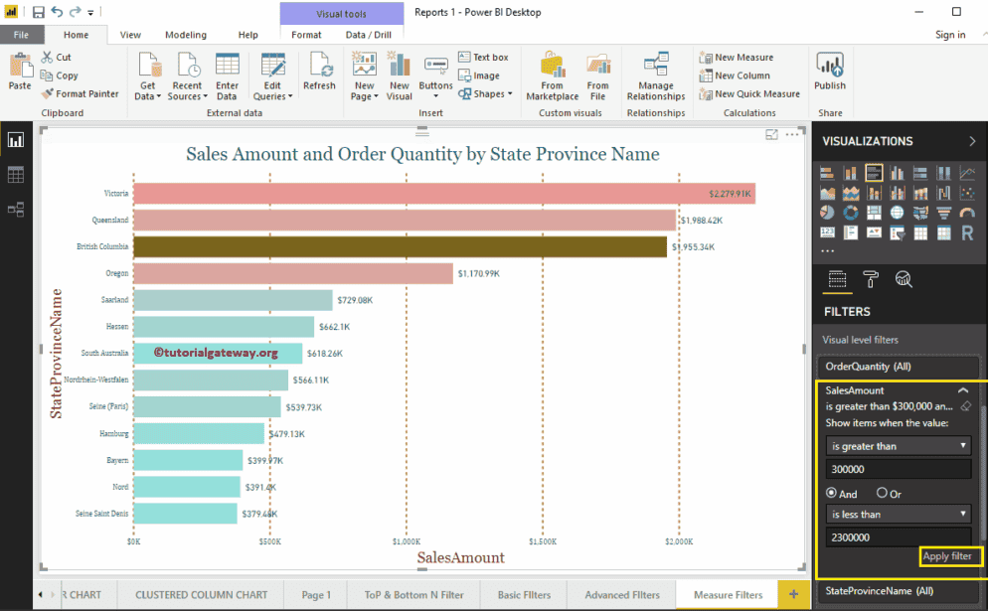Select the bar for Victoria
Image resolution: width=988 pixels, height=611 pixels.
click(x=443, y=193)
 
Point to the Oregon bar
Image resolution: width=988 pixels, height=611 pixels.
click(x=292, y=273)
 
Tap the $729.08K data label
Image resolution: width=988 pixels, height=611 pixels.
click(x=356, y=300)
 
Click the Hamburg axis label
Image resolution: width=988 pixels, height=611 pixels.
click(x=113, y=434)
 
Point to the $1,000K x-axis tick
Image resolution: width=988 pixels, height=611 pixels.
click(x=407, y=542)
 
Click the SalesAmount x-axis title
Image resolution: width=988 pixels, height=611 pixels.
click(x=460, y=558)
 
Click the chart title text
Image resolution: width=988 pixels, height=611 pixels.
click(x=422, y=154)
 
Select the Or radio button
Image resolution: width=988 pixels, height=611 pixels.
click(x=882, y=494)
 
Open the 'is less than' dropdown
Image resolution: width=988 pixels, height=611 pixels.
click(x=898, y=515)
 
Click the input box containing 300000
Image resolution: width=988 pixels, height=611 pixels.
click(x=898, y=468)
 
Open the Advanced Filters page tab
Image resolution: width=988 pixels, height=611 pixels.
click(x=621, y=595)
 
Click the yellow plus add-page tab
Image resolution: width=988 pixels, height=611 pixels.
click(x=793, y=594)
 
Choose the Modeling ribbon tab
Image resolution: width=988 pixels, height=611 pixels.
click(x=186, y=35)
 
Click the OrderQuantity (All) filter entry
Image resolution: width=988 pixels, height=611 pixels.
click(x=869, y=367)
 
